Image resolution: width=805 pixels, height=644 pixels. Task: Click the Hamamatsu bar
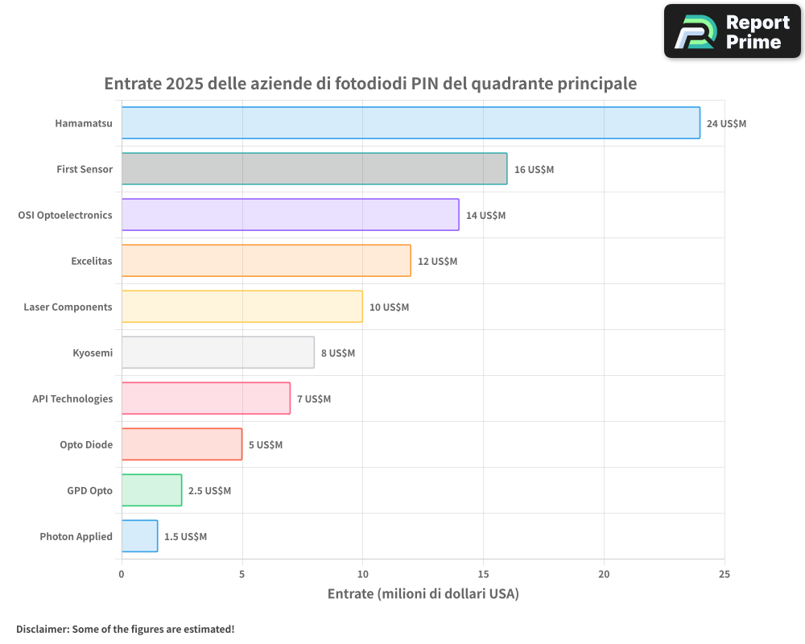(411, 123)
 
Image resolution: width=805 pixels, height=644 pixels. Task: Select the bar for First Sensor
(314, 169)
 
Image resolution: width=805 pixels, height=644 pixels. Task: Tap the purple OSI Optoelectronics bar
(290, 215)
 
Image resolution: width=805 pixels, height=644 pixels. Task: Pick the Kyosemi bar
(217, 353)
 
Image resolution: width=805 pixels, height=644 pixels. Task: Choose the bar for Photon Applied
(139, 536)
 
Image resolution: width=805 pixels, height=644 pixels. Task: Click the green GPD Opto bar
(151, 490)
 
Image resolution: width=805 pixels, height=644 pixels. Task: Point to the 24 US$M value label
(726, 124)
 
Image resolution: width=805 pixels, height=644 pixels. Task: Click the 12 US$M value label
(437, 262)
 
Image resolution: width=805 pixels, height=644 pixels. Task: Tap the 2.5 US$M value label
(209, 491)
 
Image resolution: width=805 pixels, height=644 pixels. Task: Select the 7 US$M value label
(314, 399)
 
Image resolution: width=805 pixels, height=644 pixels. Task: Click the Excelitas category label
(92, 261)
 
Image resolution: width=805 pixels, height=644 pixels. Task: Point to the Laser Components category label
(68, 307)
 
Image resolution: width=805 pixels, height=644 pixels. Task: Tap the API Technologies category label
(72, 398)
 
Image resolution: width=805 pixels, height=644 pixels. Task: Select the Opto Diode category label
(86, 444)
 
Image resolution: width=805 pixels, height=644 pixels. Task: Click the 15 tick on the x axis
(483, 574)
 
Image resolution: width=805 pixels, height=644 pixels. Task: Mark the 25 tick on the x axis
(724, 574)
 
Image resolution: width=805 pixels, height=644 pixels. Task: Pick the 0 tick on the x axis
(122, 574)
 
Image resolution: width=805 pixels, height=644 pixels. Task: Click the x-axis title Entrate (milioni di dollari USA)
(423, 594)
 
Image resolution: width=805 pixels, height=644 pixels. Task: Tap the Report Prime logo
(733, 31)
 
